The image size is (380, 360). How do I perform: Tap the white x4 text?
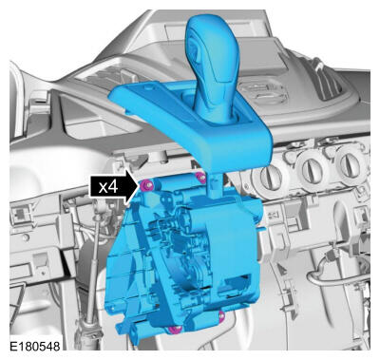(x=108, y=187)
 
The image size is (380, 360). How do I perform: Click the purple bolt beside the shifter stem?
(x=200, y=179)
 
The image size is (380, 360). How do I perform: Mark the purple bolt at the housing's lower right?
(x=221, y=315)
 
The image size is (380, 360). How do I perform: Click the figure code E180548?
(x=34, y=346)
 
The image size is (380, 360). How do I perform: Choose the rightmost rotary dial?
(x=350, y=163)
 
